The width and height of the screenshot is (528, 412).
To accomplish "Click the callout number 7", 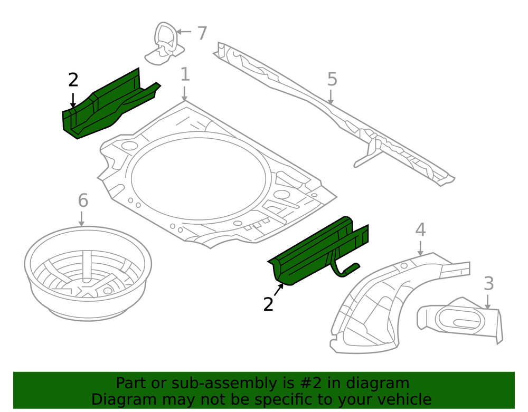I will point(202,33).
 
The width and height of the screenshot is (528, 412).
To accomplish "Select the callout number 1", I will point(185,74).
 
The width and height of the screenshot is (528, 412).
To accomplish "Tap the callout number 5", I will point(332,79).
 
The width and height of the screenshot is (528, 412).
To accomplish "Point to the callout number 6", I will point(82,200).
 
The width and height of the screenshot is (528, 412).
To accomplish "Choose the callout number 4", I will point(420,229).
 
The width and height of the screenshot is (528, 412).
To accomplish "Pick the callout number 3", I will point(488,283).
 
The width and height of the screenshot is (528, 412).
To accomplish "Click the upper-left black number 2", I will point(73,80).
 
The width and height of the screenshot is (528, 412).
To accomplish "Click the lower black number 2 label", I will point(268,304).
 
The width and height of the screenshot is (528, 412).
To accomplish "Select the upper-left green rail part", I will point(106,106).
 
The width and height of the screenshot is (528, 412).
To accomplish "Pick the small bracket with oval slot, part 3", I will point(459,319).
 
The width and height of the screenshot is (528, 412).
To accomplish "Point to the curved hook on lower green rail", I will point(346,270).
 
